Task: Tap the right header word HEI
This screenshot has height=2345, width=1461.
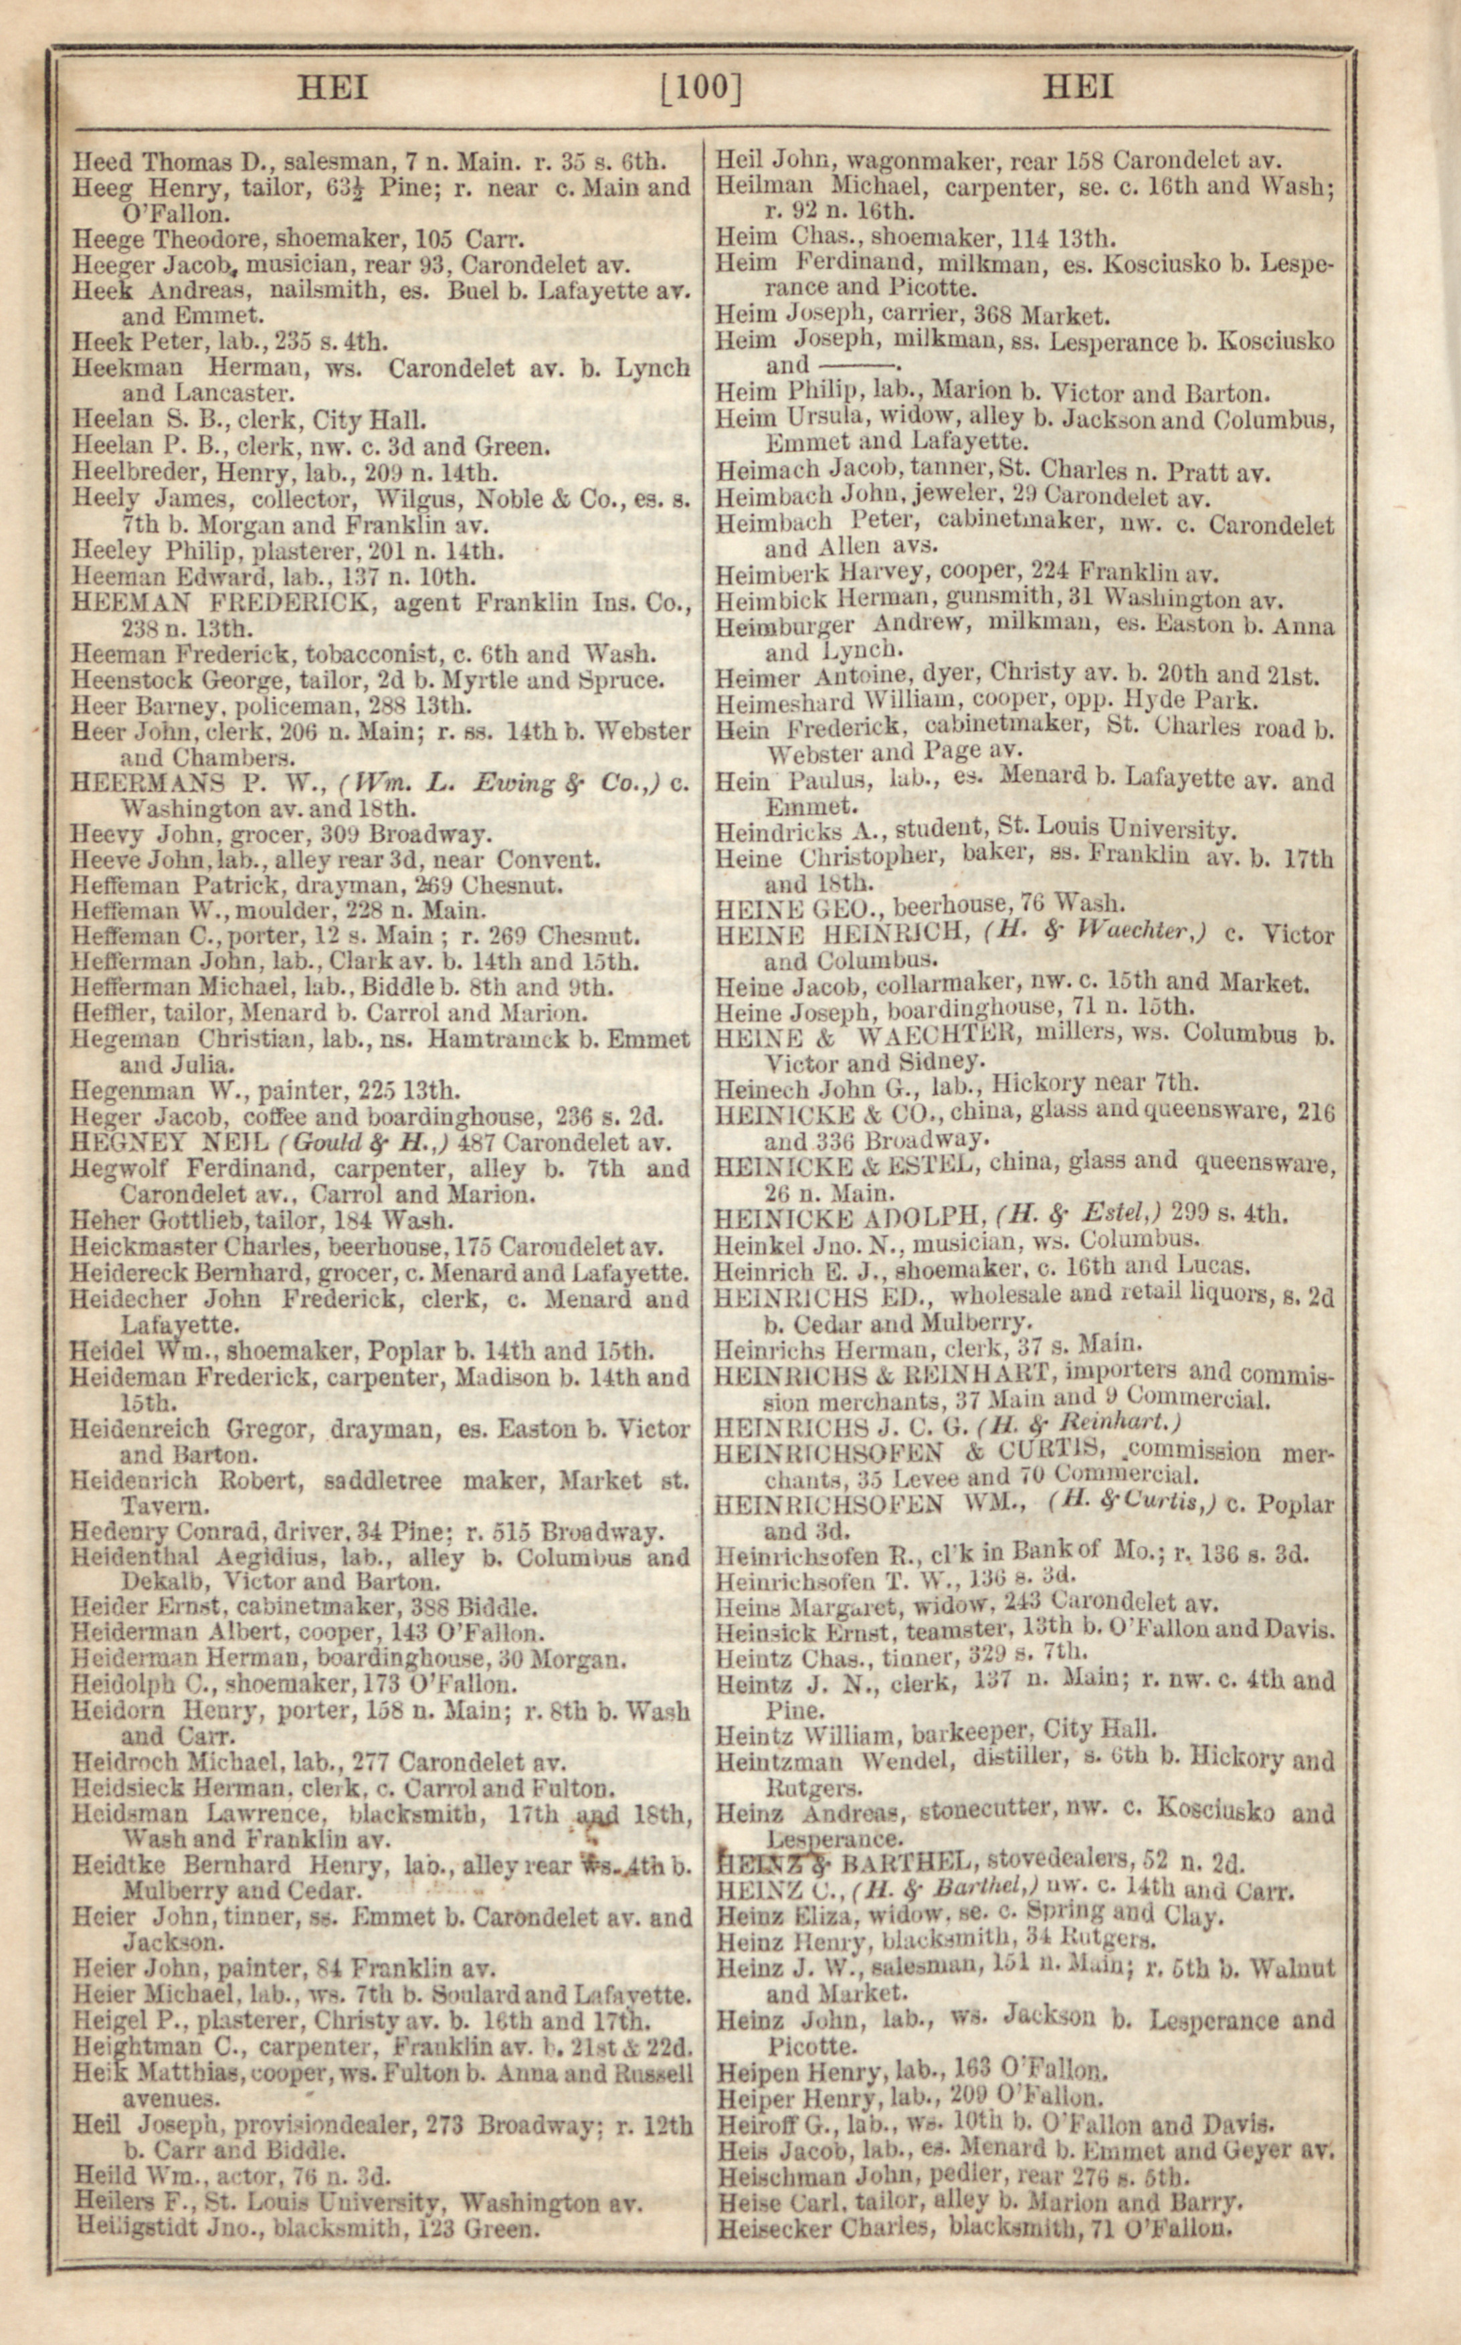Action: [x=1078, y=89]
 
